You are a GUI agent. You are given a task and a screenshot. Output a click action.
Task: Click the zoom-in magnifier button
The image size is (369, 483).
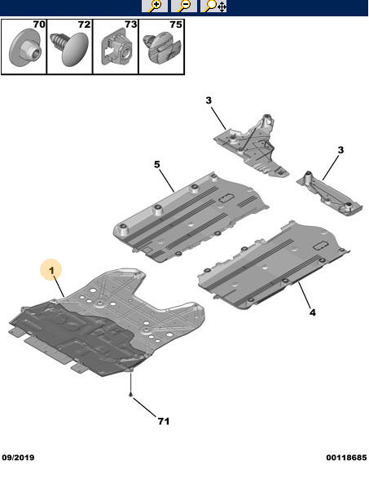155,6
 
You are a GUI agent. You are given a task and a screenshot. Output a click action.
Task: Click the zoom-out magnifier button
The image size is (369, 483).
184,6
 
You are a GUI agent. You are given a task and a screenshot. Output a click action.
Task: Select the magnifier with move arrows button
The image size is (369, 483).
213,6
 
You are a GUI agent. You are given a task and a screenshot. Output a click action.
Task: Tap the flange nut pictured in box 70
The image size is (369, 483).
24,48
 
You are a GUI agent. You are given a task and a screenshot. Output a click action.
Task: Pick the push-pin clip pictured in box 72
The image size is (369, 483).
70,47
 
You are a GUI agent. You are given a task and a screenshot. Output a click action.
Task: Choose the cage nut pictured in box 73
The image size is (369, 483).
116,48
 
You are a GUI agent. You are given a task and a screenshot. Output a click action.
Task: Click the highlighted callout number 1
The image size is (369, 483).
51,270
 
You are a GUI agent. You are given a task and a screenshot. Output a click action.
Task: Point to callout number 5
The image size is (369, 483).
157,165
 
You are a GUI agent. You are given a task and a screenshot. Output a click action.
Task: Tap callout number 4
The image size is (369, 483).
313,312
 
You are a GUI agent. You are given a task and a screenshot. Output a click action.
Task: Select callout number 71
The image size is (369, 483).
164,421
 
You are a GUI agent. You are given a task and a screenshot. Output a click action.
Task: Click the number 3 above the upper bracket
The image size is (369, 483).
209,100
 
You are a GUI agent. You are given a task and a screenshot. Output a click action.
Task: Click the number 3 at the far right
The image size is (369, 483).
340,150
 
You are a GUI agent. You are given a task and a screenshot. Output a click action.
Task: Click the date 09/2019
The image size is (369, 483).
18,458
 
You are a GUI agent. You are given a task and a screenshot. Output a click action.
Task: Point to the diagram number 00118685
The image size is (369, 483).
346,458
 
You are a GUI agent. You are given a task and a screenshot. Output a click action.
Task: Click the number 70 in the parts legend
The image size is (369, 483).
39,24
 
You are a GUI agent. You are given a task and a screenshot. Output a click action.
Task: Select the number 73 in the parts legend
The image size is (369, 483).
130,24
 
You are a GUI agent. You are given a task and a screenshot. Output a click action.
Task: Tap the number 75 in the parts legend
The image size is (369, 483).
176,24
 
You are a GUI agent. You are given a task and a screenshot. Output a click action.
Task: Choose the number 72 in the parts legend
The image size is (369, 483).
84,24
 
